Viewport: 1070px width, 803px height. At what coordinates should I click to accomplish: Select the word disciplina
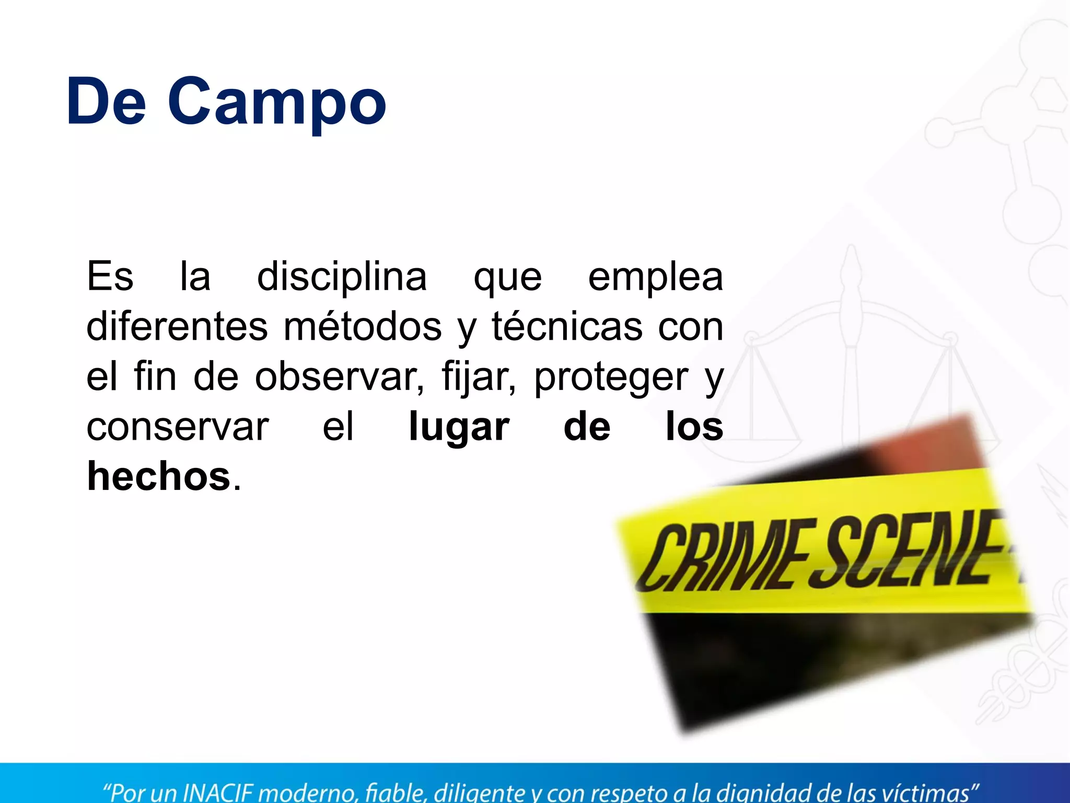[342, 277]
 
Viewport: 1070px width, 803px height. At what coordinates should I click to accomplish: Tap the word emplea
[656, 277]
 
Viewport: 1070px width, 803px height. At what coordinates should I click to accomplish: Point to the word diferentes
[177, 327]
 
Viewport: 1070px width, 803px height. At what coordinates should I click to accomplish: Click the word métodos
[363, 327]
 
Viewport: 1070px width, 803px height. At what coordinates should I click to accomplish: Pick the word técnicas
[567, 327]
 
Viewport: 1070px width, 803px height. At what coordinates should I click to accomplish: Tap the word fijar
[479, 377]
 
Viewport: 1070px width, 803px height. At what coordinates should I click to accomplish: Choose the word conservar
[178, 428]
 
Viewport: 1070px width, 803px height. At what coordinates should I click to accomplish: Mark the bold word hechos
[159, 477]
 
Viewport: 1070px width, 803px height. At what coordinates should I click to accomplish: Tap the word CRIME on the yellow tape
[721, 557]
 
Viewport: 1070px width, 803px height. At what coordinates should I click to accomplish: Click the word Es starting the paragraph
[110, 277]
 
